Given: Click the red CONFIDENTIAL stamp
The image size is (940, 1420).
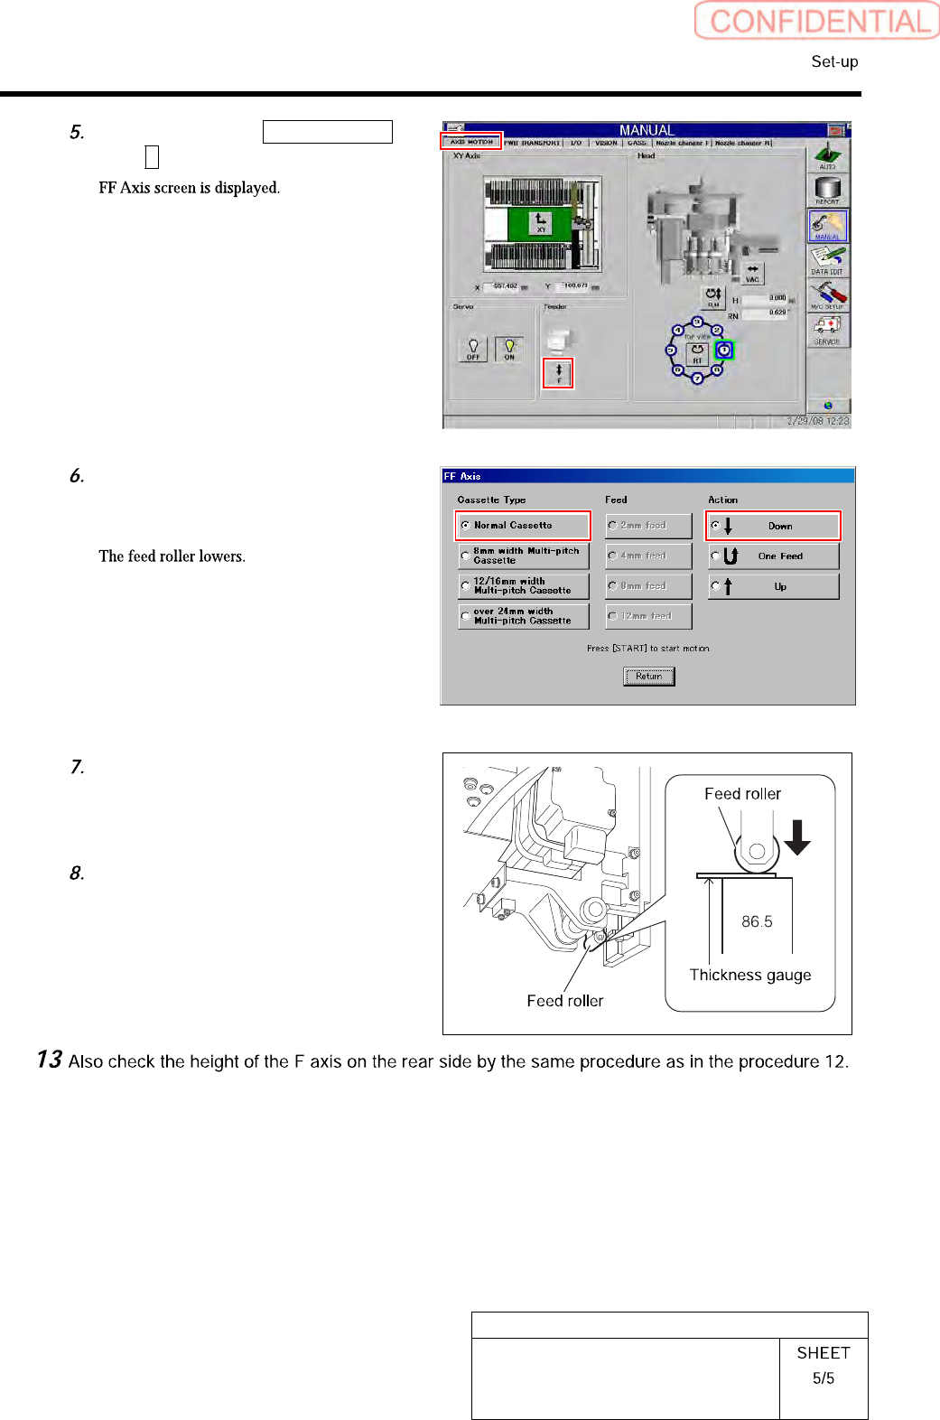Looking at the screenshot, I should pos(817,21).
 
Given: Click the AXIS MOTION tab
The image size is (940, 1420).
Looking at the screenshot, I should pos(470,142).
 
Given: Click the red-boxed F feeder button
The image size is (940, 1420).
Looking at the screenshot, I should pos(558,373).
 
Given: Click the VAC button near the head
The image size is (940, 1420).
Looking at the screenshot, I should pos(752,273).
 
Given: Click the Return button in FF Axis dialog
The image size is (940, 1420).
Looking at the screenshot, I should pos(648,676).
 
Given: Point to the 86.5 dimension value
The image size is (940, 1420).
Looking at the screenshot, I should pos(757,921).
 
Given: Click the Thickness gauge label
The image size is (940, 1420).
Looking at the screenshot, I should pos(750,975).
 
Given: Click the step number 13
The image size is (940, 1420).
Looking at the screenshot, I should pos(49,1060).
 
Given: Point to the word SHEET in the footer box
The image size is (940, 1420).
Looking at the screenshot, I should pos(824,1352).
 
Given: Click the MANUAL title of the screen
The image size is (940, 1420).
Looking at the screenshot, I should pos(647,130).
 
